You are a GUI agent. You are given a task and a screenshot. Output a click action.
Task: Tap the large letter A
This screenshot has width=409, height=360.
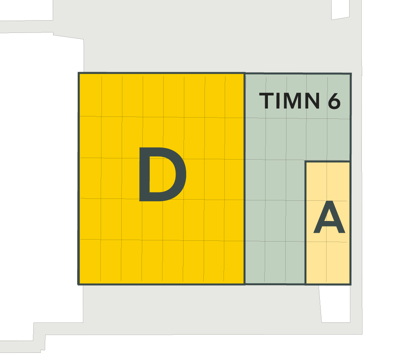[x=329, y=217]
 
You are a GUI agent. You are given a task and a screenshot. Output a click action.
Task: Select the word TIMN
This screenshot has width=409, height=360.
[x=289, y=101]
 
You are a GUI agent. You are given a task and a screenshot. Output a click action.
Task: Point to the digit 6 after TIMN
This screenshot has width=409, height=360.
[x=334, y=101]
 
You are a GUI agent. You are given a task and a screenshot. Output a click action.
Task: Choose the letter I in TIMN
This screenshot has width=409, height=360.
[x=278, y=101]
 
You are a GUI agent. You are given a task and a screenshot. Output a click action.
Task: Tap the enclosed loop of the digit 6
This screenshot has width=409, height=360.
[x=334, y=104]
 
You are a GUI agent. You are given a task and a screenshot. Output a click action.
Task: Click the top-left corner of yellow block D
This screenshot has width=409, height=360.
[x=79, y=73]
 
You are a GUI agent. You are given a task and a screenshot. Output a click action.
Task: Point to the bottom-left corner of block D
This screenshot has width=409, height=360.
[x=78, y=284]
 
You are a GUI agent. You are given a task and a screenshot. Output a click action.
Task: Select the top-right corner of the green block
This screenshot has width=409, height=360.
[x=351, y=74]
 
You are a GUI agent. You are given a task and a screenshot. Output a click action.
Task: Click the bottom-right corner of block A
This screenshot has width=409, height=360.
[x=350, y=284]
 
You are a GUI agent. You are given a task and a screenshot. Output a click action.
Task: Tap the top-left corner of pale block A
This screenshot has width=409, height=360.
[x=306, y=162]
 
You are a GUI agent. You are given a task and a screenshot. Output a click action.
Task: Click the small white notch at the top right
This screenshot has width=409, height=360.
[x=340, y=10]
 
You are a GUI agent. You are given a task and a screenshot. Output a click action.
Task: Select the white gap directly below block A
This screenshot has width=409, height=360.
[x=335, y=304]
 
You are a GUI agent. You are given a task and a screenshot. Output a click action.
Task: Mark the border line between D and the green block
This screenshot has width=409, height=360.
[x=245, y=179]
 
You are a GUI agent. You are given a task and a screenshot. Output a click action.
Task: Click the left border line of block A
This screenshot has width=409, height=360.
[x=306, y=223]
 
